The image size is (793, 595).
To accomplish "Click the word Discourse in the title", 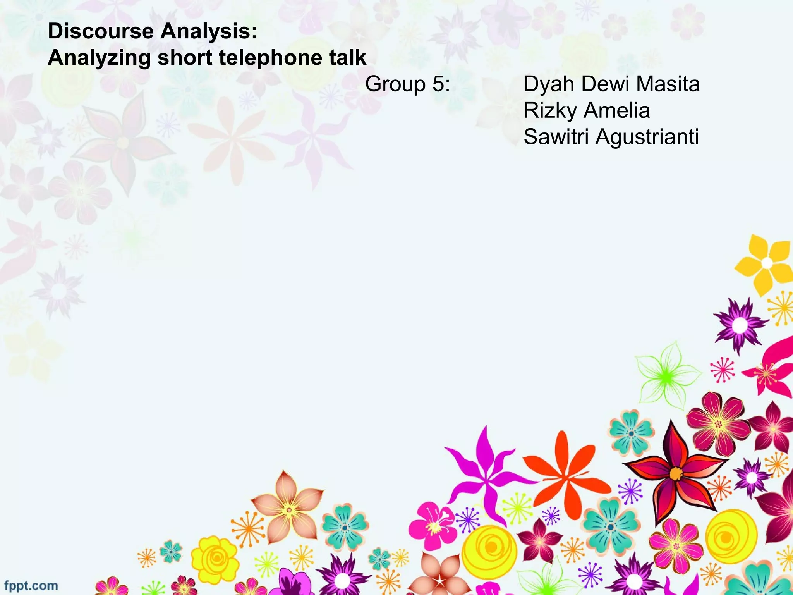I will [101, 31].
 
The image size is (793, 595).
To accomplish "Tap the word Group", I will [395, 84].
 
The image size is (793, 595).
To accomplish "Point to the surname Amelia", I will [617, 110].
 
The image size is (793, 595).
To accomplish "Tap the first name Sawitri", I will [556, 137].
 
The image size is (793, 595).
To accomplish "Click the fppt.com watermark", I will [31, 585].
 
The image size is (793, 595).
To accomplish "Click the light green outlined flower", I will [666, 376].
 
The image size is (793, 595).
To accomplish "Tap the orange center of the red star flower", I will [676, 473].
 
